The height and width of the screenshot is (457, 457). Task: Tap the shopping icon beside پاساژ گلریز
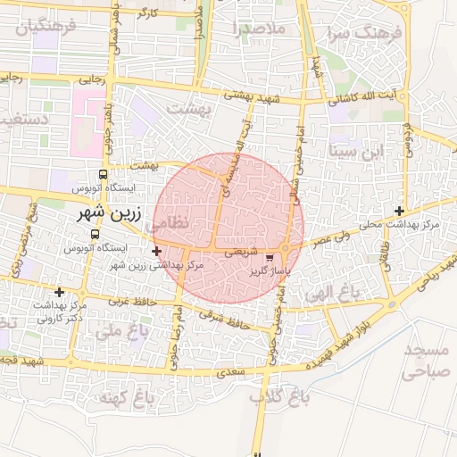point(270,257)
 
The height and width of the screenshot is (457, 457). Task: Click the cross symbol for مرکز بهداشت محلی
point(399,210)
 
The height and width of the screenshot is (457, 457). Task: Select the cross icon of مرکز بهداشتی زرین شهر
point(157,251)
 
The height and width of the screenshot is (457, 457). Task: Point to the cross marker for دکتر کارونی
point(59,292)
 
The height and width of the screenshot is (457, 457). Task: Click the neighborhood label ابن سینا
point(355,149)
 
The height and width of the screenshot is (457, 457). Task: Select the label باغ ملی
point(118,333)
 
